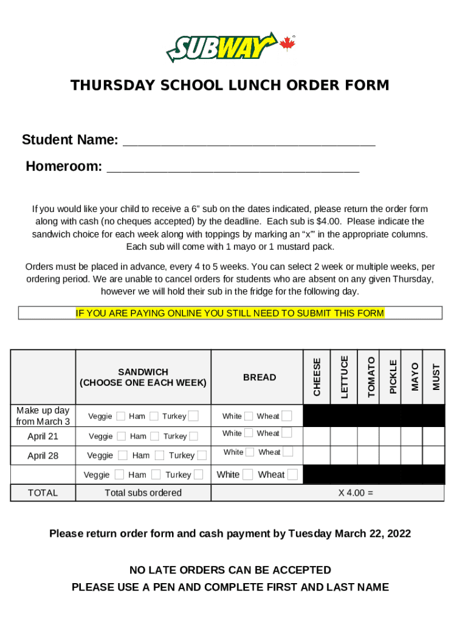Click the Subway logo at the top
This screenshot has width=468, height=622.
[222, 47]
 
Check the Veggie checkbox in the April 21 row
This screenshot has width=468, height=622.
[121, 436]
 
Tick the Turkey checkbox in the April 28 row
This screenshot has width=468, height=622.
[202, 455]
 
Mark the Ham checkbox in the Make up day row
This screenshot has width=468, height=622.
[154, 415]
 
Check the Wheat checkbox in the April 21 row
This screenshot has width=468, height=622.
[287, 432]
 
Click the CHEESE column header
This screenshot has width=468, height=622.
[317, 377]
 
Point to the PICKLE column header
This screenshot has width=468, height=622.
[393, 377]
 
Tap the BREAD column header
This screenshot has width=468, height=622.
[260, 377]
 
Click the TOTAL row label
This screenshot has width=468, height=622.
[43, 493]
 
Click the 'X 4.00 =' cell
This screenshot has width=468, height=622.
[356, 493]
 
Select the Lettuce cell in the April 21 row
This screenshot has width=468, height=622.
[344, 436]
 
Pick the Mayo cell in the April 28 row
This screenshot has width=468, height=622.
[412, 455]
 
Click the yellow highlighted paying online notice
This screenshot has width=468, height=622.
[230, 313]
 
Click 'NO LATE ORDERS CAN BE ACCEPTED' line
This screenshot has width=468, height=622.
[230, 570]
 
